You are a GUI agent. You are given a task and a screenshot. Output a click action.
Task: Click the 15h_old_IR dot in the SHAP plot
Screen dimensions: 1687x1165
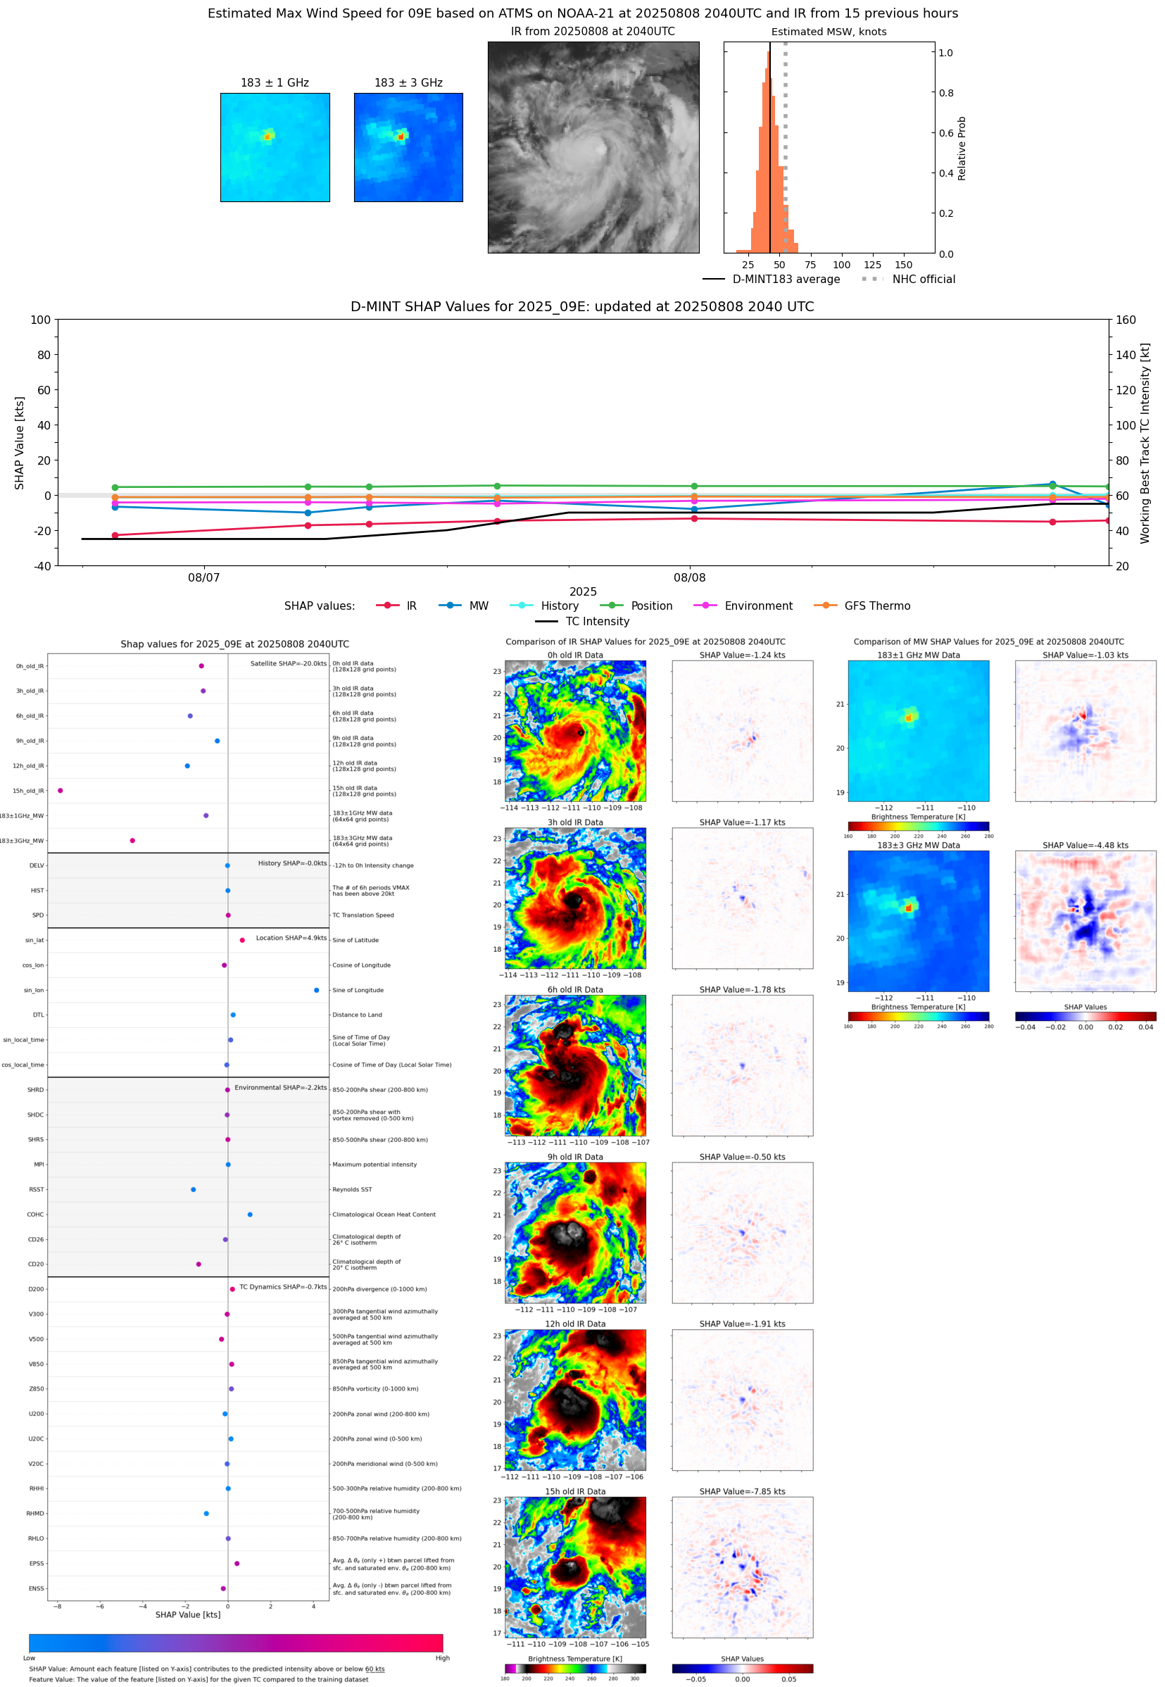[60, 791]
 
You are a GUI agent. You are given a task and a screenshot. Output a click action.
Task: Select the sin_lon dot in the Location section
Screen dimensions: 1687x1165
[316, 990]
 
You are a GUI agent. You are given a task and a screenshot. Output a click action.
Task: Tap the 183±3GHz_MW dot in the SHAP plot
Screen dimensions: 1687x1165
[132, 840]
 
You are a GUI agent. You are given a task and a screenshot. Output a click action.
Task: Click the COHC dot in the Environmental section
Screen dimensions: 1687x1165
[250, 1215]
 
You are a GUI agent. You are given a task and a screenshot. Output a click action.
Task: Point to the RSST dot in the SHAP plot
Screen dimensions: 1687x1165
[194, 1189]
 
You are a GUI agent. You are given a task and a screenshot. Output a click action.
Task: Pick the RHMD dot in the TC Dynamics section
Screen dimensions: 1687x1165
[206, 1513]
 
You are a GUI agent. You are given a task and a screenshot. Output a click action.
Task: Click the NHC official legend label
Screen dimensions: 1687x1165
[924, 279]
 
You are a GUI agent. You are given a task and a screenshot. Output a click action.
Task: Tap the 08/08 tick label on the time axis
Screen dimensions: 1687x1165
[689, 577]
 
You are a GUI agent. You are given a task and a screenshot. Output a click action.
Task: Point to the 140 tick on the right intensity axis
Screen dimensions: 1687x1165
[1126, 355]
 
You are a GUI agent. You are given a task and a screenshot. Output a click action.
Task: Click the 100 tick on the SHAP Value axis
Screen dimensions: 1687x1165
[41, 320]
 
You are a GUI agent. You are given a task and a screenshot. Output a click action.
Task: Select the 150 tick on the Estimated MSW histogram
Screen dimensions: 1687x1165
[904, 265]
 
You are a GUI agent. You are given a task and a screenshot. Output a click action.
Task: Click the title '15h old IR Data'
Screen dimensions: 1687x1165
[575, 1491]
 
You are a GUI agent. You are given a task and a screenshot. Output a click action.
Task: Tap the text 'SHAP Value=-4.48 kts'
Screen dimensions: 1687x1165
[1085, 846]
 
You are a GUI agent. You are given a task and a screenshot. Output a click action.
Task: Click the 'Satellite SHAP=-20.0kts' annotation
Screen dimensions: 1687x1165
[289, 663]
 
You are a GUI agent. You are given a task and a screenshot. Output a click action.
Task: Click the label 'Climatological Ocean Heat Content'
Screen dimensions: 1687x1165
[384, 1215]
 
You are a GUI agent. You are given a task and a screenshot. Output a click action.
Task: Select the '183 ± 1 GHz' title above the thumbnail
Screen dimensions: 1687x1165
[275, 83]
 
